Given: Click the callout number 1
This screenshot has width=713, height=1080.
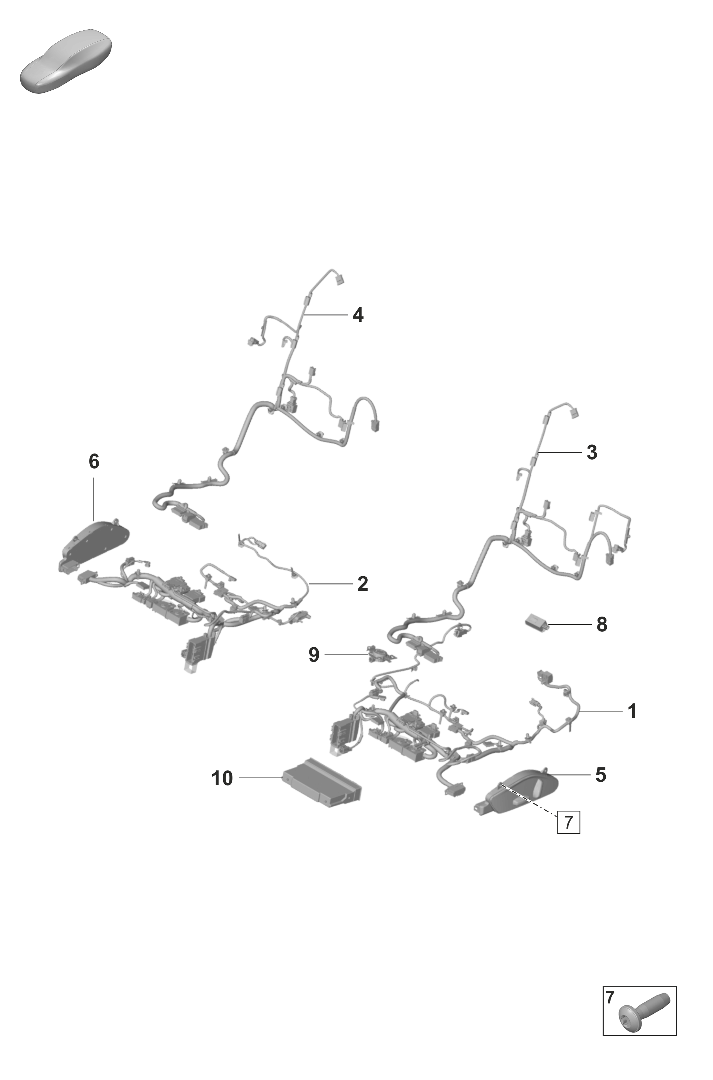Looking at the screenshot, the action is point(632,711).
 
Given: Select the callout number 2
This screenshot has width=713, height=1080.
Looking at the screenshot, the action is point(363,584).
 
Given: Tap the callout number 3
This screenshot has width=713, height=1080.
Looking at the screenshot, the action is point(592,452).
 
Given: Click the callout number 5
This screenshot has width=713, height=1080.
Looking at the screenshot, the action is point(601,774).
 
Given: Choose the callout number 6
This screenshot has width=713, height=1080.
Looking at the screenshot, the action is point(94,461).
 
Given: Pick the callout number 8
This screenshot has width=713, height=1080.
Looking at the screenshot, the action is point(602,624).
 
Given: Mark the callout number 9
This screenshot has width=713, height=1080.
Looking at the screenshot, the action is point(314,654).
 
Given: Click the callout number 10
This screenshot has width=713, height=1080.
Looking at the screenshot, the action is point(222,778).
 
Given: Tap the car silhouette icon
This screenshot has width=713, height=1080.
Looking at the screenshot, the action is point(66,61).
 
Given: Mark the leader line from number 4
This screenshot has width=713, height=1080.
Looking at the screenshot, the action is point(326,314).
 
